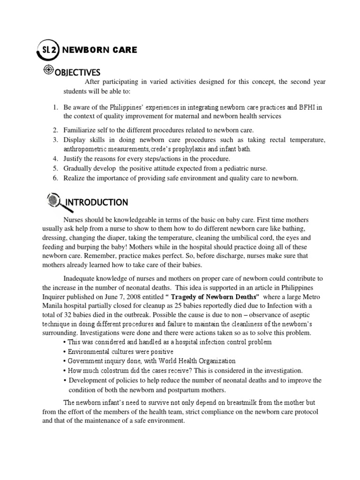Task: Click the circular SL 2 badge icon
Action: [x=47, y=50]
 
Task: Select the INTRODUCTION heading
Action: [x=96, y=202]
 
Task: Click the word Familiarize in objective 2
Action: [x=82, y=130]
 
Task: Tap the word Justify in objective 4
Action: [x=75, y=159]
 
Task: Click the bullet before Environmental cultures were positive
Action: [x=64, y=352]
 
